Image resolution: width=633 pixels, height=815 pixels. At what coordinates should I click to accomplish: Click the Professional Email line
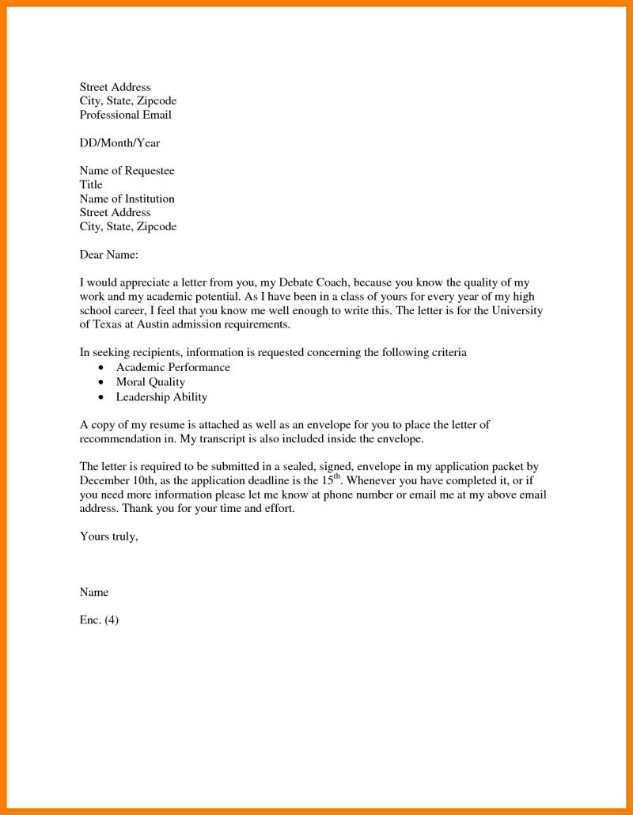125,115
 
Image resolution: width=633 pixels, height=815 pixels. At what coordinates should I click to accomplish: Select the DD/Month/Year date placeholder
119,143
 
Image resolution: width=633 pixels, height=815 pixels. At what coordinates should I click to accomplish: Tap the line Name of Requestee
127,171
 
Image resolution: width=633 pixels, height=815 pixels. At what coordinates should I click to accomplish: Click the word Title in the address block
91,185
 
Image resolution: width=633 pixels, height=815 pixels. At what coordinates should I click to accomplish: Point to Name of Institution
127,199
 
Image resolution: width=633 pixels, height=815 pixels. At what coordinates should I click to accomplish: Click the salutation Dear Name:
109,255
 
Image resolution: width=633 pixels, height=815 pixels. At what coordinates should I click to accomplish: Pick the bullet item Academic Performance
172,368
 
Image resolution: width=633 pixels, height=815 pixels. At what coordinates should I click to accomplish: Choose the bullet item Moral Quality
150,382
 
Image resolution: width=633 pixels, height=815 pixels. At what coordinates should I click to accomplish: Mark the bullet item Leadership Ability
161,396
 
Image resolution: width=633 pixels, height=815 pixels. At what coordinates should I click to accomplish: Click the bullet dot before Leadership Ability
100,397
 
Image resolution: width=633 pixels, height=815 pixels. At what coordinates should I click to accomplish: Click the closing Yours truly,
109,536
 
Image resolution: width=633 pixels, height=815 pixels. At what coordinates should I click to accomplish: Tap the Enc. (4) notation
99,620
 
